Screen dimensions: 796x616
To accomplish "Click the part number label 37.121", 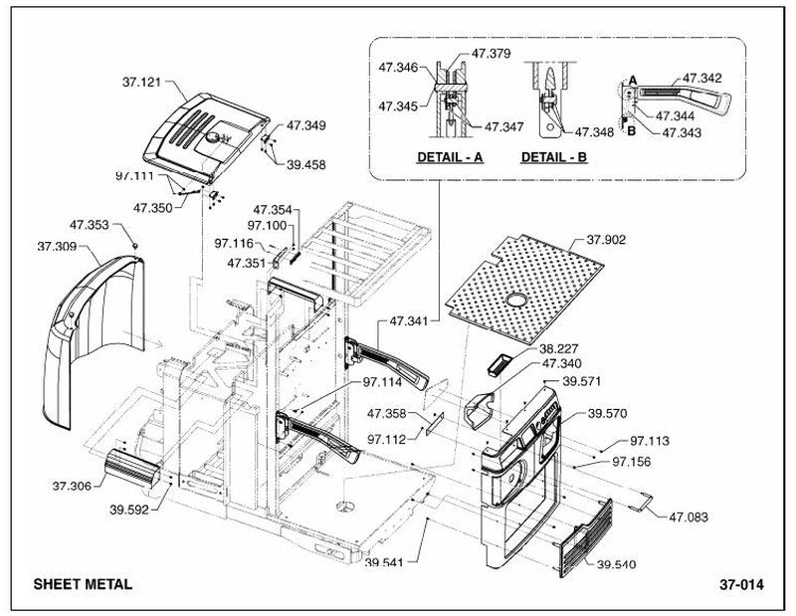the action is coord(141,82).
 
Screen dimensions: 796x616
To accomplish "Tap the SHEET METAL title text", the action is coord(83,584).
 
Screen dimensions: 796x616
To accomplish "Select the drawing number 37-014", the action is coord(741,584).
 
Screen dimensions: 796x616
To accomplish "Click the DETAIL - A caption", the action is coord(450,157).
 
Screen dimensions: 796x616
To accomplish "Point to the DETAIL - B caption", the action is coord(554,157).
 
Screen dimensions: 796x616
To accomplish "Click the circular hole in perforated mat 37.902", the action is coord(516,300).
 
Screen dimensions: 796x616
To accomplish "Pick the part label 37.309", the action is coord(57,246).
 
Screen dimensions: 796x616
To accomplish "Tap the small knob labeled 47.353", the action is coord(135,246).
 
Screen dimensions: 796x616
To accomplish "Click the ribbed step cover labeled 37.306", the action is coord(132,467).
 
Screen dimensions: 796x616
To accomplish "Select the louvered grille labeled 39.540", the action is coord(585,538).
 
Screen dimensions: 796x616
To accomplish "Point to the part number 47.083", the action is coord(689,516).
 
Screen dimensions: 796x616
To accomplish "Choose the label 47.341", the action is coord(409,321).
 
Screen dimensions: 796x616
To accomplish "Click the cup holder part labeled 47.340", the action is coord(480,408).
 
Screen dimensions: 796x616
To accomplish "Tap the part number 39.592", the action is coord(129,510).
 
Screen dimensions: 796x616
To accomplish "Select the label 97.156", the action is coord(632,462).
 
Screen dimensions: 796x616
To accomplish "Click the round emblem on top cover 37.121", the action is coord(214,137).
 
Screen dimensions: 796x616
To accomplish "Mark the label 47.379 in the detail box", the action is coord(492,54).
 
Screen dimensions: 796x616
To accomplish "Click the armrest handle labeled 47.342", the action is coord(681,98).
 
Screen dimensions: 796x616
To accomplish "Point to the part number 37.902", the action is coord(606,240).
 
